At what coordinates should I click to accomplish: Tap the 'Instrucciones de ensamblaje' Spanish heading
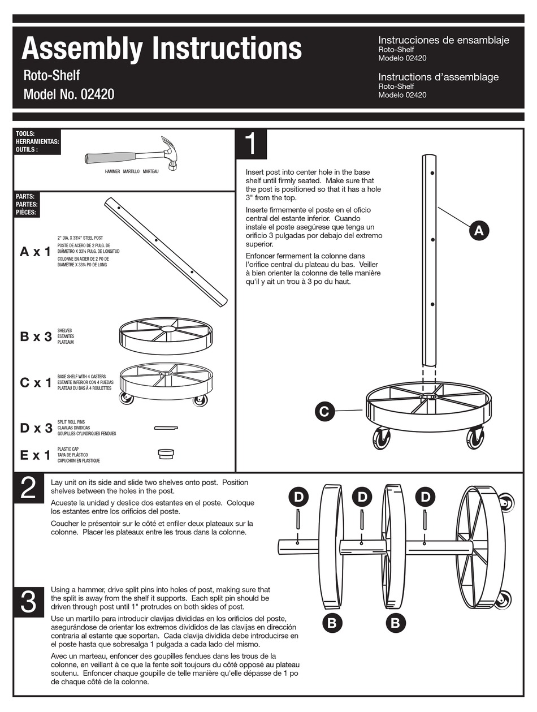443,40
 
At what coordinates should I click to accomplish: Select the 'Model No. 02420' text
68,94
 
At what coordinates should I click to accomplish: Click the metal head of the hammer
170,151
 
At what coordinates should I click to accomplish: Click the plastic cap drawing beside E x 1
166,454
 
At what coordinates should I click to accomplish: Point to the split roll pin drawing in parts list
166,428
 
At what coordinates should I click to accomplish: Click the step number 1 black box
251,144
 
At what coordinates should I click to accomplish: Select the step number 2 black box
28,489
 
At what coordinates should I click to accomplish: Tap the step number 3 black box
28,602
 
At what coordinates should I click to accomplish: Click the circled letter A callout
478,230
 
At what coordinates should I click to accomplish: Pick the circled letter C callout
324,411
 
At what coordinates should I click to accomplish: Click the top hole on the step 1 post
432,173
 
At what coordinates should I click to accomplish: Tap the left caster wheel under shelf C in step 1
381,439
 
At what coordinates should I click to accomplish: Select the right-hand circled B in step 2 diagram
395,623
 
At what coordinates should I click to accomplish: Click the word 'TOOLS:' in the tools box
25,133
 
